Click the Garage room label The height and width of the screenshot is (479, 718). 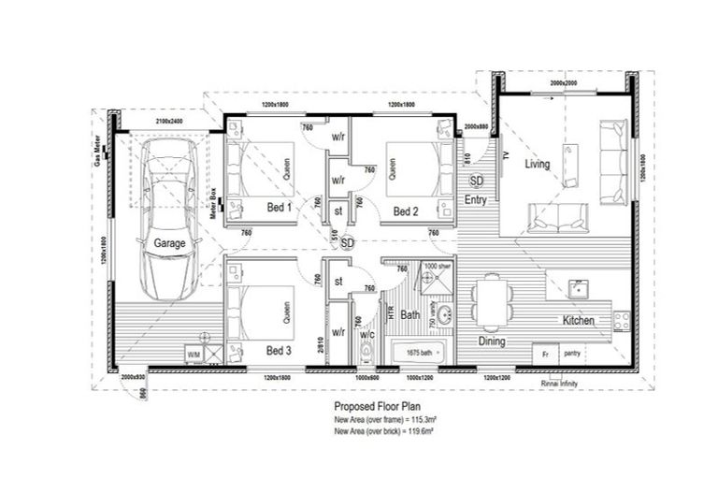pos(169,243)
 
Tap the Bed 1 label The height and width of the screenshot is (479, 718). pos(280,207)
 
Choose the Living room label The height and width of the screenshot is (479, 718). pos(537,165)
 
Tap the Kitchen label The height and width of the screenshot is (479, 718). pos(578,321)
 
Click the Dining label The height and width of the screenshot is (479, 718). pos(492,341)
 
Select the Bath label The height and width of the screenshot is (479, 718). pos(410,315)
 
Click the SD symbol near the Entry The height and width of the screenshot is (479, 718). pos(476,181)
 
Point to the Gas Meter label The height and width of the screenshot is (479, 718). pos(96,147)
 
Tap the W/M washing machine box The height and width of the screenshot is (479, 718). pos(194,356)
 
